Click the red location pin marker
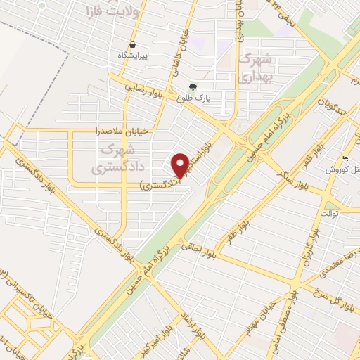(181, 165)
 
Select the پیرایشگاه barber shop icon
(133, 44)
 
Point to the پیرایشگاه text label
(134, 55)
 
